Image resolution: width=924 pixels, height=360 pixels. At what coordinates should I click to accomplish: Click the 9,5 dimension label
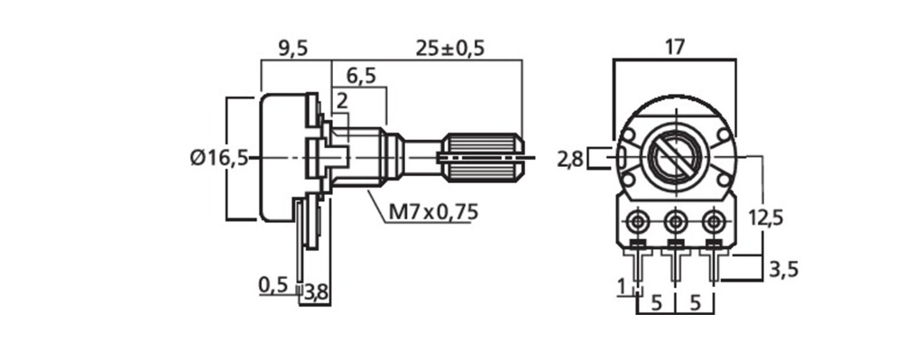click(292, 49)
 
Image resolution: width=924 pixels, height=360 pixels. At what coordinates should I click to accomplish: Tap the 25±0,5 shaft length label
click(449, 49)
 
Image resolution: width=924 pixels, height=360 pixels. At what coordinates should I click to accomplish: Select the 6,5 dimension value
click(361, 77)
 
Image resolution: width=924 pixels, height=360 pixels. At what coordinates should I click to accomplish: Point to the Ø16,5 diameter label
click(219, 159)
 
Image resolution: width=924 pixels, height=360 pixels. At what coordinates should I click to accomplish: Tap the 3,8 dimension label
click(317, 293)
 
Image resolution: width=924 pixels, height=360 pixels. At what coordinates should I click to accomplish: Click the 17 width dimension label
click(674, 47)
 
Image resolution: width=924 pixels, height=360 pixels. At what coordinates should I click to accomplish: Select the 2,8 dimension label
click(570, 159)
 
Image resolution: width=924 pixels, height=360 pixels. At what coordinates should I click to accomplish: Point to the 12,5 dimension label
click(766, 218)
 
